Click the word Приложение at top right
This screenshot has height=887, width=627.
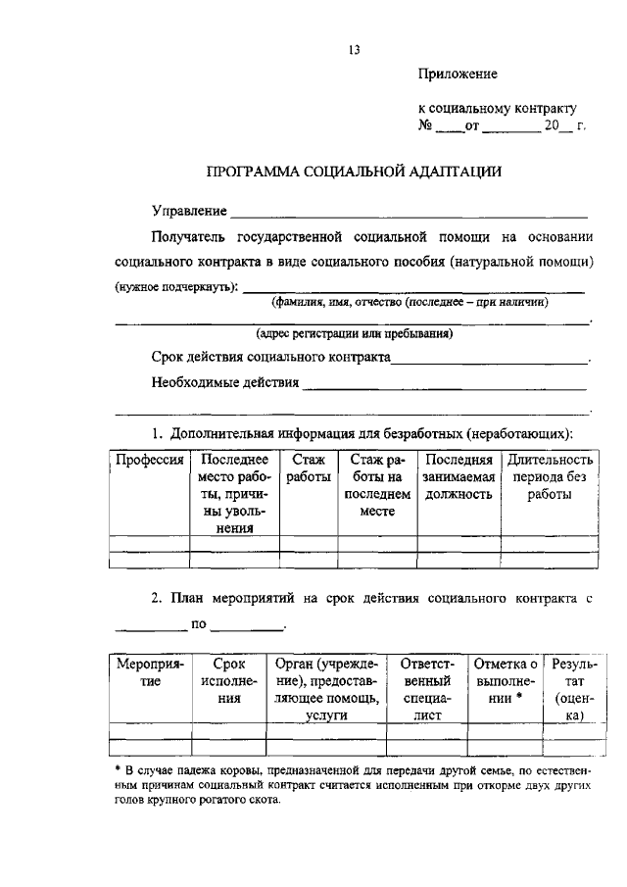click(x=458, y=74)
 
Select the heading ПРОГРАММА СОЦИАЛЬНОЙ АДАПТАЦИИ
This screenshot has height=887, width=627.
click(x=354, y=172)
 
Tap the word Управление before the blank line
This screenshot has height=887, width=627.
click(x=189, y=211)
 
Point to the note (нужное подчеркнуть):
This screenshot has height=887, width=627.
click(x=176, y=287)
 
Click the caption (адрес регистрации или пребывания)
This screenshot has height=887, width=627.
click(x=354, y=333)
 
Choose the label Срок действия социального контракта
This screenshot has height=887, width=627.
click(x=271, y=358)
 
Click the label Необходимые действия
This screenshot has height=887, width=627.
click(x=225, y=382)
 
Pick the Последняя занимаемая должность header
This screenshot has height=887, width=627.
click(x=458, y=476)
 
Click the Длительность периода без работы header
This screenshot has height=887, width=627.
click(x=549, y=476)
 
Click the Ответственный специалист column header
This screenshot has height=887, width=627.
click(x=426, y=690)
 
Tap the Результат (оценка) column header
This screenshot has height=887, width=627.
click(x=570, y=690)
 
